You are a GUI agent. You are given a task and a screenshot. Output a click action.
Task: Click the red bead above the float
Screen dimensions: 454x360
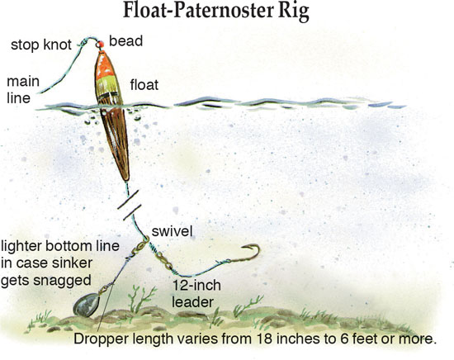point(100,45)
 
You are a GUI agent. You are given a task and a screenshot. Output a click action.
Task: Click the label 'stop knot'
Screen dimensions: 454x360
point(40,45)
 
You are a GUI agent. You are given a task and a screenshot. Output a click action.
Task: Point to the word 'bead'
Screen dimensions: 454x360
point(125,41)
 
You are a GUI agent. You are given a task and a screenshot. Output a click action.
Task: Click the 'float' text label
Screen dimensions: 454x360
point(144,85)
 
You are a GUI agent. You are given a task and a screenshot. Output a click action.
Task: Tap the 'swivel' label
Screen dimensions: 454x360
point(172,231)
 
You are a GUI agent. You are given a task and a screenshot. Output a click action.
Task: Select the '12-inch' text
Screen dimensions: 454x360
point(196,286)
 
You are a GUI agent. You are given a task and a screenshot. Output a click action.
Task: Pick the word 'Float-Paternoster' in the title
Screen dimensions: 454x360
point(198,11)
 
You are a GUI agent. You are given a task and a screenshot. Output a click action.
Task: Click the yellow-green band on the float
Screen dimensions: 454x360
point(106,87)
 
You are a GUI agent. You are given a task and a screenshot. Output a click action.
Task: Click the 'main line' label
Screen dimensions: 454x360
point(23,90)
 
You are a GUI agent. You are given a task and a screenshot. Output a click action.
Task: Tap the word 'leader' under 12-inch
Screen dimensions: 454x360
point(192,302)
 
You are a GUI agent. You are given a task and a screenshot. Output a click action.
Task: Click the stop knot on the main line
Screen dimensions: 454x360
point(83,43)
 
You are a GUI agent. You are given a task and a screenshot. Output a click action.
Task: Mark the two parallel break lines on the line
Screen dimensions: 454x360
point(130,205)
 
